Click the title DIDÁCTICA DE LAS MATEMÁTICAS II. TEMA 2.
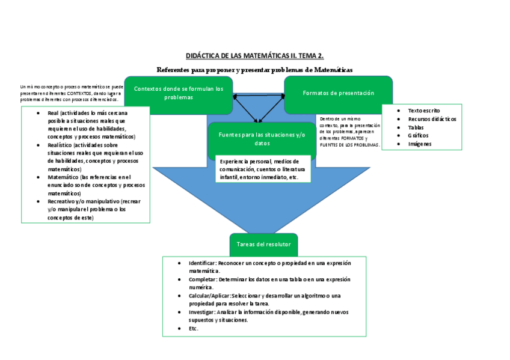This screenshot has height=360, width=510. pyautogui.click(x=254, y=56)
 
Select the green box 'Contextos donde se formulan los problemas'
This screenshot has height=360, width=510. pyautogui.click(x=178, y=93)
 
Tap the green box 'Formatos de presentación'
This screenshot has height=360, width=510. pyautogui.click(x=338, y=93)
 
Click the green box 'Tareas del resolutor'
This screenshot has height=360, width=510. pyautogui.click(x=263, y=245)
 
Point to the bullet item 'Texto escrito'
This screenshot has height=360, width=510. pyautogui.click(x=423, y=111)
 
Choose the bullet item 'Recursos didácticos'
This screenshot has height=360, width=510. pyautogui.click(x=432, y=119)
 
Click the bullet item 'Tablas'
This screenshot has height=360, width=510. pyautogui.click(x=416, y=127)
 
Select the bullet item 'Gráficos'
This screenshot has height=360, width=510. pyautogui.click(x=418, y=135)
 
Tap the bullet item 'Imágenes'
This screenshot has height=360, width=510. pyautogui.click(x=420, y=144)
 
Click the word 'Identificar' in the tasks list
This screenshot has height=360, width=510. pyautogui.click(x=201, y=263)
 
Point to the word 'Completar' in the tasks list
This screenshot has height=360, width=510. pyautogui.click(x=201, y=279)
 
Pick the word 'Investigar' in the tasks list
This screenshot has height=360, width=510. pyautogui.click(x=201, y=312)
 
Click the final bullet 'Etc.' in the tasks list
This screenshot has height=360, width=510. pyautogui.click(x=193, y=329)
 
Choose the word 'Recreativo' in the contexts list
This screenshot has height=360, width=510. pyautogui.click(x=62, y=201)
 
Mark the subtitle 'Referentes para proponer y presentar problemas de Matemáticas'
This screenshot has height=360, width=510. pyautogui.click(x=254, y=70)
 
